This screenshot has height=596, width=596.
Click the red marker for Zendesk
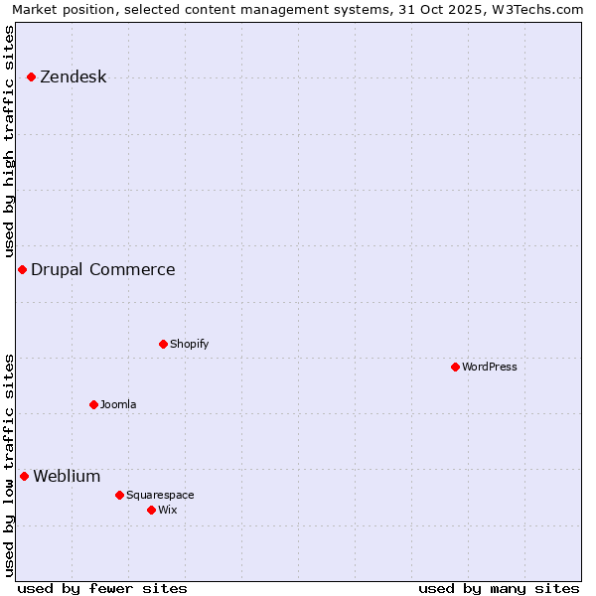click(x=32, y=76)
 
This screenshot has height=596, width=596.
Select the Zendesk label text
click(x=73, y=77)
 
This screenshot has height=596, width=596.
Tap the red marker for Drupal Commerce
click(x=22, y=269)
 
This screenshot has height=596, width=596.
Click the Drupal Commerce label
click(x=102, y=269)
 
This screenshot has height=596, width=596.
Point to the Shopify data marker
click(x=164, y=344)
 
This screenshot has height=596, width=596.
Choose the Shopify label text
click(x=189, y=344)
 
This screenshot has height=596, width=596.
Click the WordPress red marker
click(x=456, y=367)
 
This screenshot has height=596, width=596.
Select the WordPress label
click(x=490, y=367)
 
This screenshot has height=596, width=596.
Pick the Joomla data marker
click(x=94, y=404)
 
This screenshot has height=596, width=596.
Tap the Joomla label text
click(x=118, y=404)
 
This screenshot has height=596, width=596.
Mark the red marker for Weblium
click(x=25, y=476)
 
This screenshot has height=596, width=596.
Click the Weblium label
click(x=67, y=476)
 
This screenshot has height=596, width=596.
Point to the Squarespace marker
click(x=120, y=495)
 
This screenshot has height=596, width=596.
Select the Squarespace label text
click(x=160, y=495)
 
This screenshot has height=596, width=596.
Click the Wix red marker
click(x=152, y=510)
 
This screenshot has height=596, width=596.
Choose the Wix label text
click(x=167, y=510)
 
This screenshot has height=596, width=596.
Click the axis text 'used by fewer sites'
click(x=102, y=588)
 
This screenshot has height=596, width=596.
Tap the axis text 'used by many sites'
click(x=499, y=588)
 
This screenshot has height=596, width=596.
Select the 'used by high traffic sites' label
click(x=10, y=141)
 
